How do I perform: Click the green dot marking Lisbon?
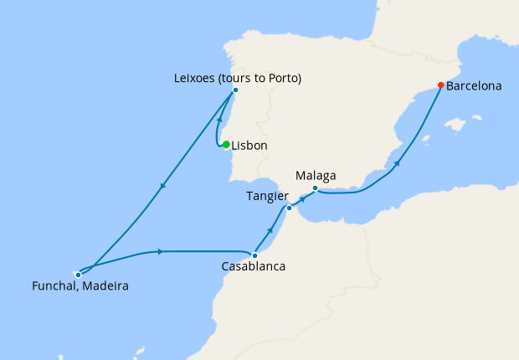coord(226,145)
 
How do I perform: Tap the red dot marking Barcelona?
coord(441,85)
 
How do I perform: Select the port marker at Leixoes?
coord(235,90)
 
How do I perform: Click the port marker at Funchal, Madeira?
coord(78,274)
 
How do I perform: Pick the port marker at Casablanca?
coord(254,255)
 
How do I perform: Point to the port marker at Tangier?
coord(289,208)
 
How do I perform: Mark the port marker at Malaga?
coord(315,188)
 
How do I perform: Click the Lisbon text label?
coord(249,146)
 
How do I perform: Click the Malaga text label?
coord(316,176)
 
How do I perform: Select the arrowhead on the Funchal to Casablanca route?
coord(159,251)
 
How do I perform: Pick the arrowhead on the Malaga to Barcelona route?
coord(398,164)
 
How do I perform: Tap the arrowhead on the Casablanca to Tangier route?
coord(270,229)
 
